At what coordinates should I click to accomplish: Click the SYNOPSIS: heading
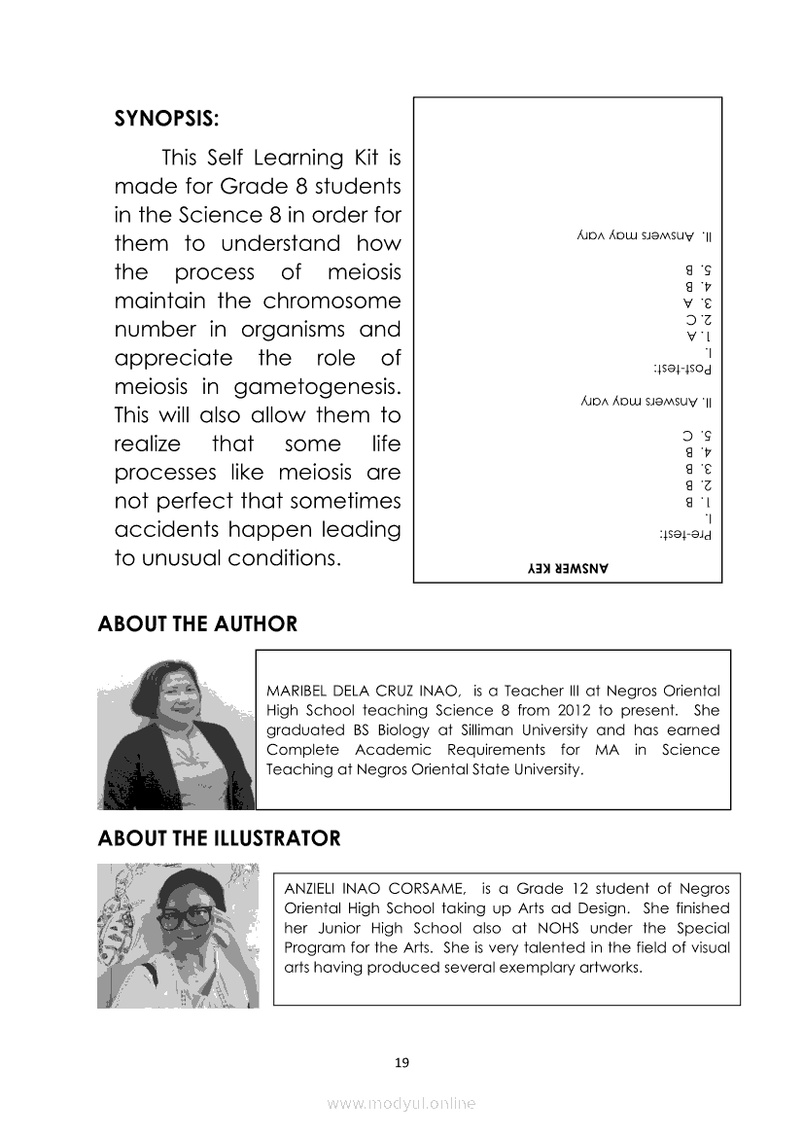166,120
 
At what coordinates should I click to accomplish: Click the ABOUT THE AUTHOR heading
197,624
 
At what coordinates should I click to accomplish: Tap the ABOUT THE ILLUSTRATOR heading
219,838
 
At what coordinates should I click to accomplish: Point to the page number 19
401,1062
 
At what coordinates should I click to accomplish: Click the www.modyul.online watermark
401,1104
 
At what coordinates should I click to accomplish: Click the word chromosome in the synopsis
332,301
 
